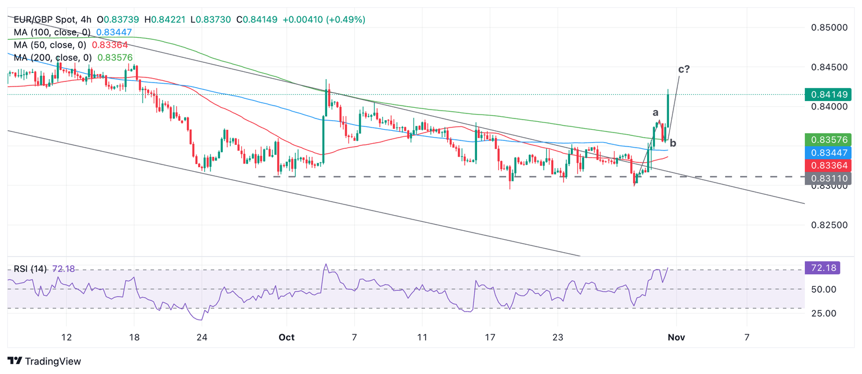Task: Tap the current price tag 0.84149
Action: point(828,94)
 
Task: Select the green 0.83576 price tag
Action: point(828,139)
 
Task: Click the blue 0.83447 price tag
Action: point(828,152)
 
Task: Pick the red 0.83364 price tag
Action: point(828,165)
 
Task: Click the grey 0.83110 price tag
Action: point(828,179)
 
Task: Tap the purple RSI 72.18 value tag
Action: point(822,268)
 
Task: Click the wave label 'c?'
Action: point(684,69)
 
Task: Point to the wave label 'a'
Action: point(655,112)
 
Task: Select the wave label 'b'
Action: point(673,143)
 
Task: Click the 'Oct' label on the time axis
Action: point(287,337)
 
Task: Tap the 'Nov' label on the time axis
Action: point(676,337)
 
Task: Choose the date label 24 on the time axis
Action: point(203,337)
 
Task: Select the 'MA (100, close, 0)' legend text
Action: point(50,32)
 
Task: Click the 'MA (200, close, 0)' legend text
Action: point(50,57)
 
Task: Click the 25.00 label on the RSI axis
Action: point(824,313)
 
